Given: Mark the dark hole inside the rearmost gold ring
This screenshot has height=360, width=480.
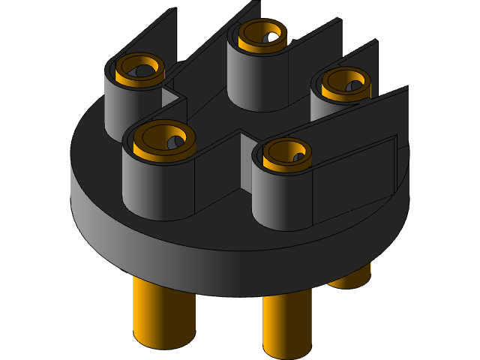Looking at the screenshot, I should click(x=269, y=35).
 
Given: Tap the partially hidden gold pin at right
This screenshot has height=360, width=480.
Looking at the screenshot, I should click(x=352, y=277).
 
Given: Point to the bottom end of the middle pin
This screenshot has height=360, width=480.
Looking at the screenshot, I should click(x=286, y=351).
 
